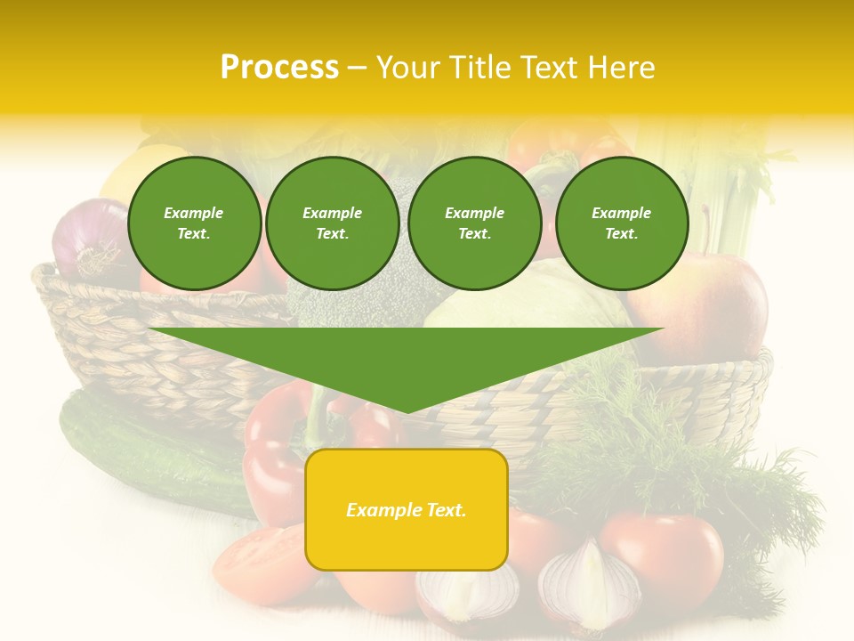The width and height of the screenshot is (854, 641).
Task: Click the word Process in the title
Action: click(279, 68)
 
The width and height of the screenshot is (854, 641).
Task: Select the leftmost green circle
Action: click(194, 223)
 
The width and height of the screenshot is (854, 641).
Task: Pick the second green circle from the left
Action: click(333, 223)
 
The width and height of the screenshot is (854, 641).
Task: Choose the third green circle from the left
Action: click(475, 223)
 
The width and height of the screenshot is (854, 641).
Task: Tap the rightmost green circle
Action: click(622, 223)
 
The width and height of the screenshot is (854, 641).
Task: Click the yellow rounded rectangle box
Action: click(407, 509)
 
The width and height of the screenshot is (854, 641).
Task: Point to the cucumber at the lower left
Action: click(151, 454)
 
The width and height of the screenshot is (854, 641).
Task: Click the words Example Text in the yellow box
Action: click(407, 510)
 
